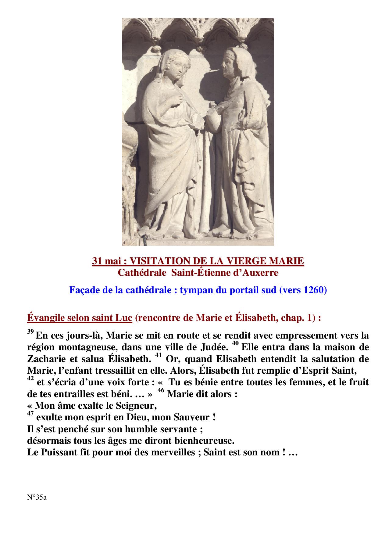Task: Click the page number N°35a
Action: point(37,497)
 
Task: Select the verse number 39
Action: point(30,332)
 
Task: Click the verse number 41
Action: point(159,355)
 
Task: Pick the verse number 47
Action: point(30,414)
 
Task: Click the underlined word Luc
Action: point(123,318)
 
